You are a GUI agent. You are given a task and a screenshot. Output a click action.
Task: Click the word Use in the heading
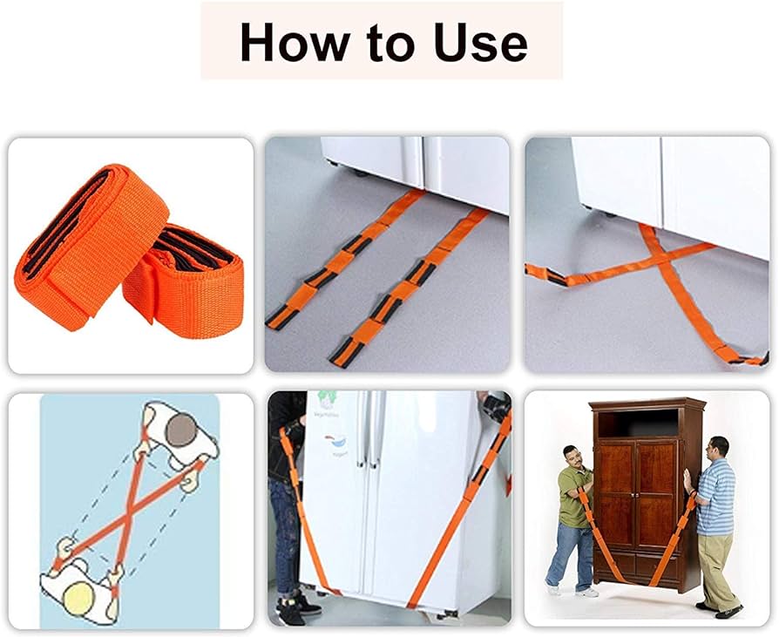click(x=480, y=43)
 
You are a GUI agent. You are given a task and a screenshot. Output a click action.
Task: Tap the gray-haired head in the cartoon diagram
click(x=181, y=430)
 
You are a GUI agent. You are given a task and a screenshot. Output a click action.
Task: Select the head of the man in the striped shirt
click(x=719, y=449)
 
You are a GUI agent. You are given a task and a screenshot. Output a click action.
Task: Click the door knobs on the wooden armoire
click(x=636, y=495)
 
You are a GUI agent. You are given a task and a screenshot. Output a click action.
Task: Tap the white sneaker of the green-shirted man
click(x=586, y=593)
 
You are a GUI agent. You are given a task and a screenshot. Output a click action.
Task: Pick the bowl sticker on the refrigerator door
click(x=335, y=441)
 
